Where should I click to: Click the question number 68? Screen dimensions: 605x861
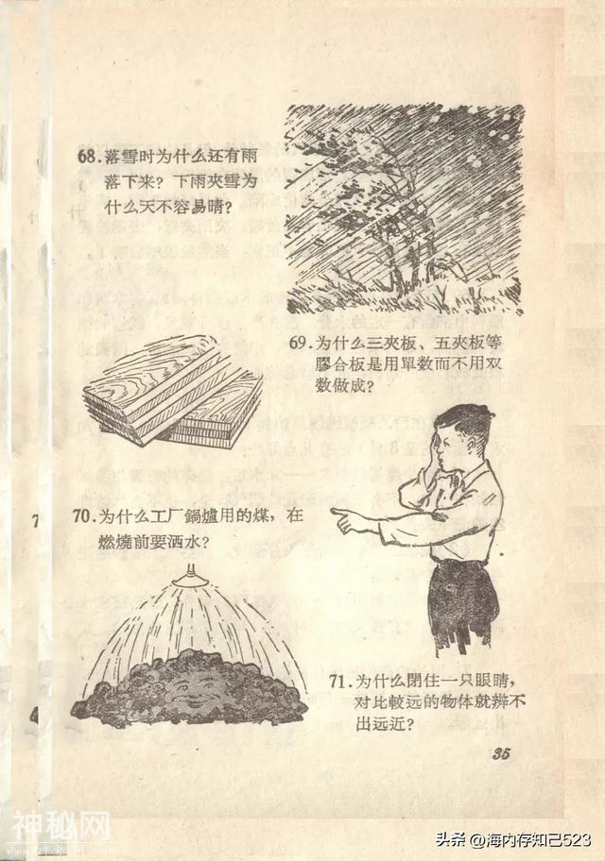point(87,156)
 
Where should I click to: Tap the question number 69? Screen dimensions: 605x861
point(298,344)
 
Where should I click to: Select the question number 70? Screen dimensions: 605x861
point(81,516)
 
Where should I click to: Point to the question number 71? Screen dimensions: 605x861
point(338,682)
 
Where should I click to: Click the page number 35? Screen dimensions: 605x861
point(501,753)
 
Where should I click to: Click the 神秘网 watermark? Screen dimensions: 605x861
point(61,829)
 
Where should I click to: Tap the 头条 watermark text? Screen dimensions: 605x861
point(451,839)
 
